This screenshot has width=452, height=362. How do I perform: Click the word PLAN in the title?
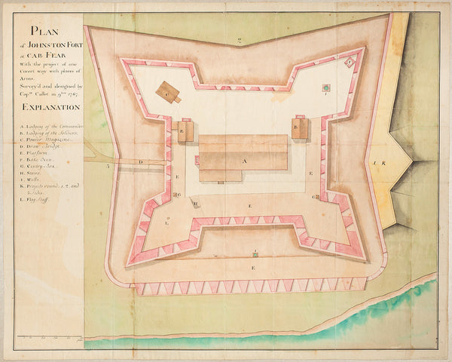pos(43,32)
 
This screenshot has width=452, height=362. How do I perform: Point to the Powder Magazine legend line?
pos(49,140)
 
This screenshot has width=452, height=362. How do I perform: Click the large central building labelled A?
pos(243,159)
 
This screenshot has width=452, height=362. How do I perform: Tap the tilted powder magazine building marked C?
pos(168,92)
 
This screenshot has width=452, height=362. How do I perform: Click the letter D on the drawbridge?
pos(140,162)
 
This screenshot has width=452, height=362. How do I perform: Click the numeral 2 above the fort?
pos(238,40)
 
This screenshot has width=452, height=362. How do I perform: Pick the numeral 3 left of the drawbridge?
pos(109,164)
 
